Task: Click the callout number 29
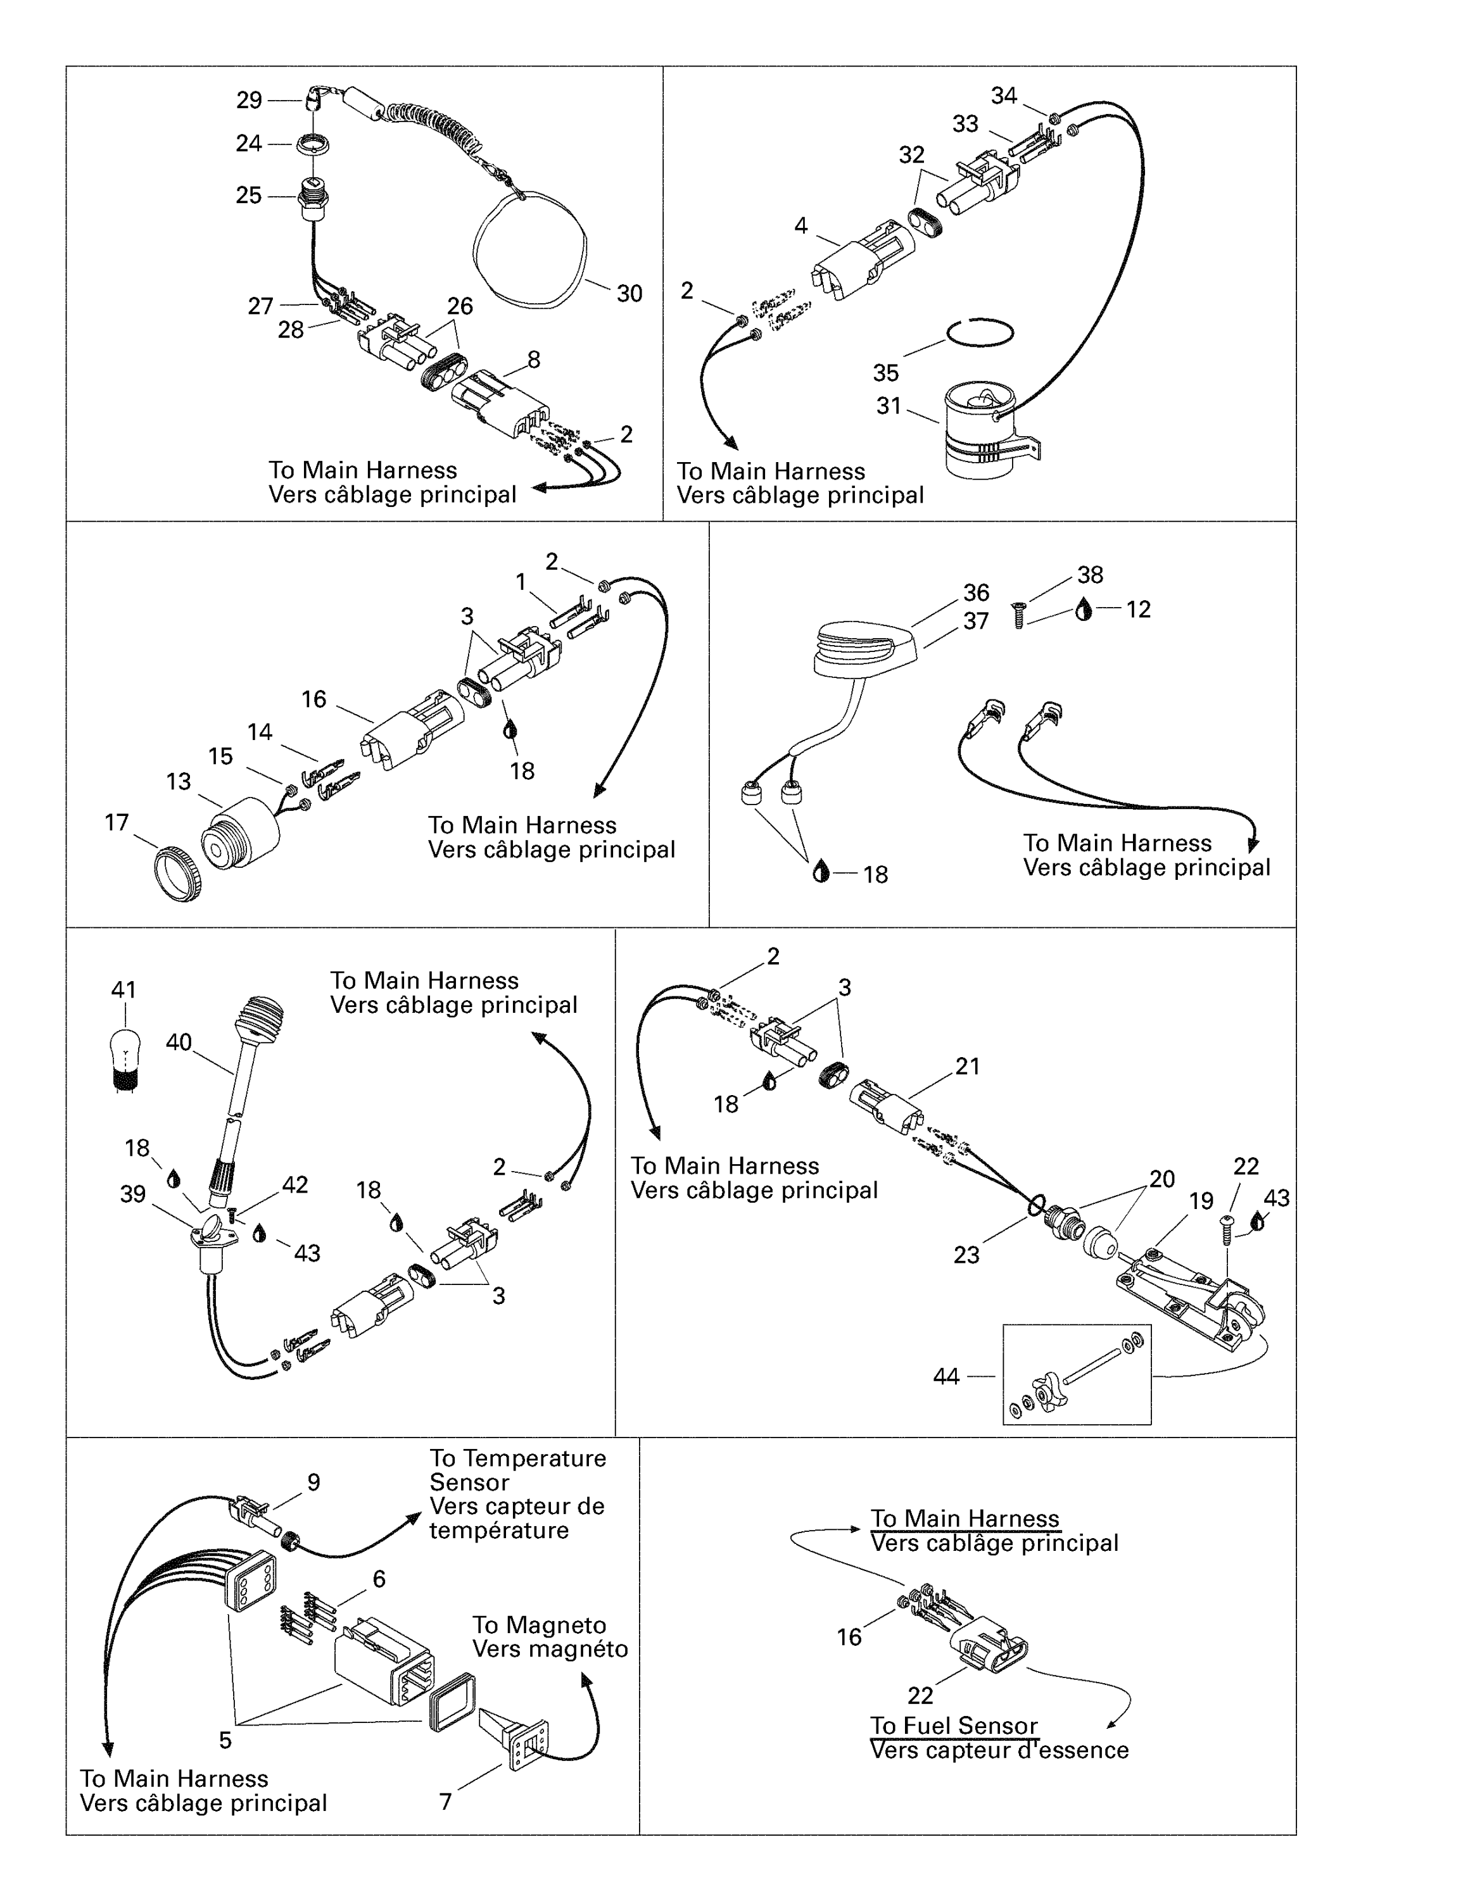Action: [249, 101]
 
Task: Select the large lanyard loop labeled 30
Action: [529, 252]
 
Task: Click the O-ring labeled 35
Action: [979, 332]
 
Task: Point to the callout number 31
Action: [888, 406]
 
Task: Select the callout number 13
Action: [179, 782]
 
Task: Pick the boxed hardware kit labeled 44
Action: [1077, 1375]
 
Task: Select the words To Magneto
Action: [539, 1625]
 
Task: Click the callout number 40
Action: [179, 1042]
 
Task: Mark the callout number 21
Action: [967, 1066]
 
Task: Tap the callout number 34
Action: [1004, 96]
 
